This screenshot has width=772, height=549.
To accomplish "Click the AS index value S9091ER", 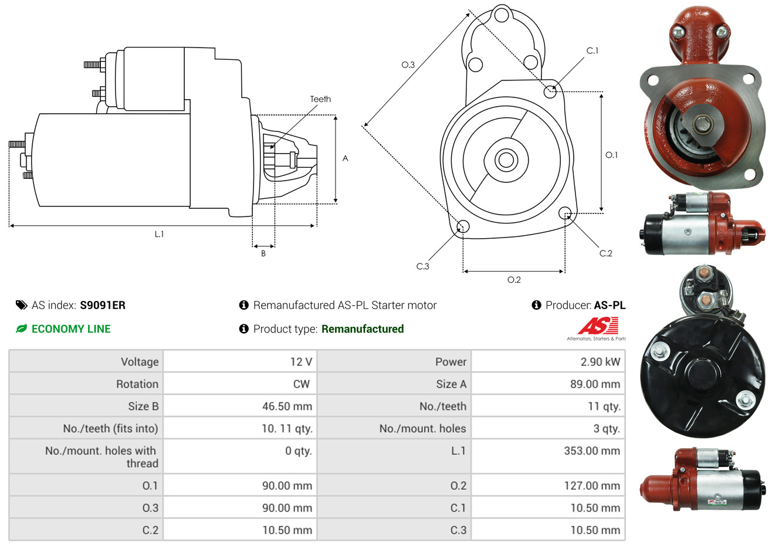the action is (x=103, y=306).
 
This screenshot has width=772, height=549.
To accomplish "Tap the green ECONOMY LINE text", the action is (x=71, y=329).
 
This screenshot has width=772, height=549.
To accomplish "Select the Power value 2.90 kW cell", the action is (x=600, y=361).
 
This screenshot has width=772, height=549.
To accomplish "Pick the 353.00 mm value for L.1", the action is (x=592, y=450).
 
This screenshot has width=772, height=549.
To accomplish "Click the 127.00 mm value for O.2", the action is (x=592, y=486).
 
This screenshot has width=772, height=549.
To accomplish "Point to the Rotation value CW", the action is (x=301, y=384).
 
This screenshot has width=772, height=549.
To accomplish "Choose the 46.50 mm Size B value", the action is (x=287, y=406).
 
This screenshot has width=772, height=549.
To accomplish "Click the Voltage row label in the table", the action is (x=140, y=362).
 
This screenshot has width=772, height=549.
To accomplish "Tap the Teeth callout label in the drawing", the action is (x=320, y=99).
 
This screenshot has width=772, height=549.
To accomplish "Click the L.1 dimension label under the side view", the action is (x=159, y=234).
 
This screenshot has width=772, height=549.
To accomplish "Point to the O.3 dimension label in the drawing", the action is (x=408, y=65).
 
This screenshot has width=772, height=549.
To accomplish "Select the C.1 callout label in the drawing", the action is (x=592, y=50).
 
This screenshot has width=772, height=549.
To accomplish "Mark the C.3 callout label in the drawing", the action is (x=423, y=266).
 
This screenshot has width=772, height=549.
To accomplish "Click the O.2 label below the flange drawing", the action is (x=514, y=280).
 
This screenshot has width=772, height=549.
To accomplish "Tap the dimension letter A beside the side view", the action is (x=346, y=158).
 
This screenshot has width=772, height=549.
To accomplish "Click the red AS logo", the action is (x=598, y=326).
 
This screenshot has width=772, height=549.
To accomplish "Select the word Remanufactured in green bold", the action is (x=363, y=329).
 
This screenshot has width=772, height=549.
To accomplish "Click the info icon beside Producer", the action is (x=536, y=305).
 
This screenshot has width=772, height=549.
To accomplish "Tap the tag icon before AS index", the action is (x=21, y=306).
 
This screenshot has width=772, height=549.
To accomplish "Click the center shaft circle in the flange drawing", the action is (x=506, y=160).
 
